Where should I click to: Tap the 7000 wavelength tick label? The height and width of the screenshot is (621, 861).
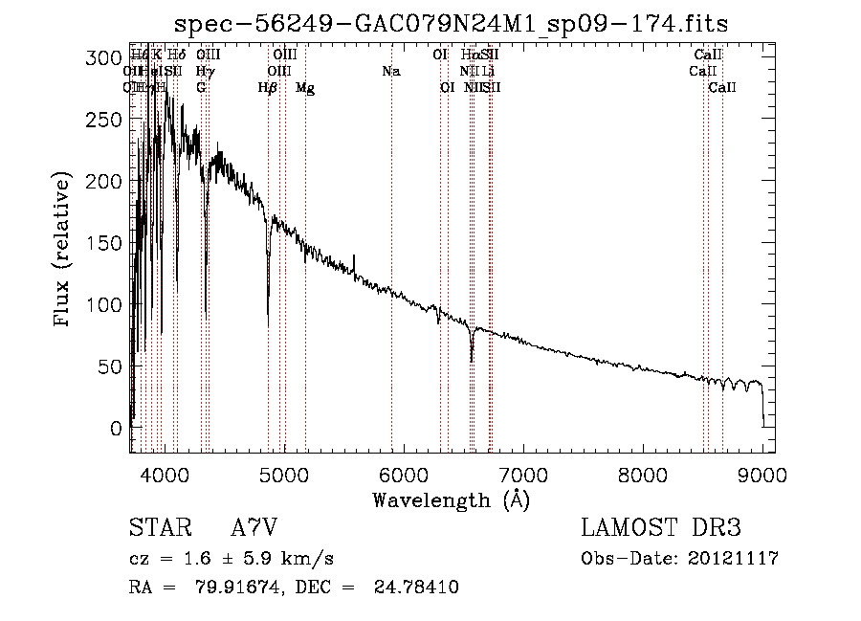(x=522, y=474)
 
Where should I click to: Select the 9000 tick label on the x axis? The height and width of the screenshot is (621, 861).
(x=762, y=474)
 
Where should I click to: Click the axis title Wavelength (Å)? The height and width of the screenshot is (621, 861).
(x=451, y=499)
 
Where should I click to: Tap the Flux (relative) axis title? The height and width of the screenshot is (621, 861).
(x=63, y=251)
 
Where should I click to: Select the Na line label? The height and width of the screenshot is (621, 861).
(x=390, y=72)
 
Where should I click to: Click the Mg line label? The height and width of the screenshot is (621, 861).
(x=305, y=88)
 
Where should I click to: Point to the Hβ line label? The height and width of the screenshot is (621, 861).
(x=268, y=88)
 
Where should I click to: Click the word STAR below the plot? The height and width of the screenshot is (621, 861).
(x=158, y=528)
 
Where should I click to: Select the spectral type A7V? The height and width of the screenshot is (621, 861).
(x=254, y=528)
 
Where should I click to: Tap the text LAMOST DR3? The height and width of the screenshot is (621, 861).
(x=660, y=528)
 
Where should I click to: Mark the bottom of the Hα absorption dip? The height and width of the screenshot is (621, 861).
(x=472, y=361)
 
